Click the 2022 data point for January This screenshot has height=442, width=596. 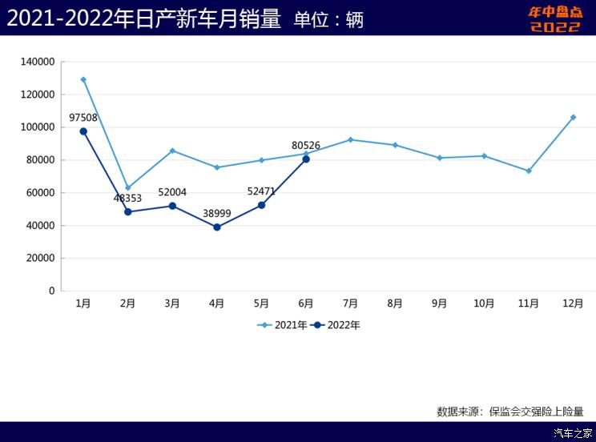tap(83, 131)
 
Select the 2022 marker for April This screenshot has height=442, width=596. tap(217, 227)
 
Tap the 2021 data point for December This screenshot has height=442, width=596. tap(573, 117)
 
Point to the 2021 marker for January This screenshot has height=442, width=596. tap(83, 79)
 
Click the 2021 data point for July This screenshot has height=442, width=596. tap(350, 139)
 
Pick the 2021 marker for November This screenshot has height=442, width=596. tap(529, 171)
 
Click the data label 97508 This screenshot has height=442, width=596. tap(83, 118)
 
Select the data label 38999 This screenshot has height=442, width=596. tap(217, 214)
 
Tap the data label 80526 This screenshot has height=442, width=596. tap(306, 146)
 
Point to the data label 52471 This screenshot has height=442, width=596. tap(261, 191)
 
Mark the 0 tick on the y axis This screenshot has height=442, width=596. tap(51, 291)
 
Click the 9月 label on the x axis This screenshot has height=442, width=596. tap(439, 303)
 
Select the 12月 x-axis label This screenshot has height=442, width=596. tap(573, 303)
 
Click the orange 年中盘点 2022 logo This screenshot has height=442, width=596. tap(555, 19)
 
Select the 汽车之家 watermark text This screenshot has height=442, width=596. tap(573, 433)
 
